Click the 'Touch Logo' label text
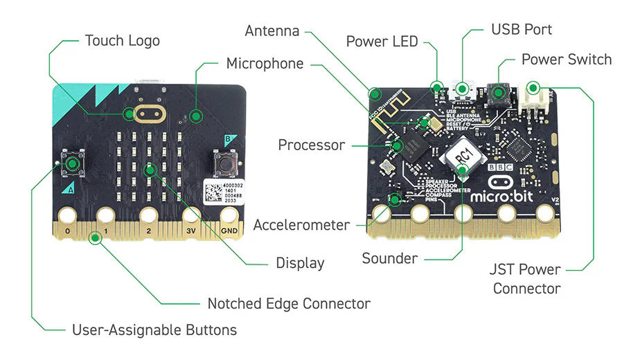122,40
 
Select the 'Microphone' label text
265,64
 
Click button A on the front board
73,163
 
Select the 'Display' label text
300,262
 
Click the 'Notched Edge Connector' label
289,303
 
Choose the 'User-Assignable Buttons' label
154,330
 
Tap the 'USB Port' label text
521,30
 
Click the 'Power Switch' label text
566,60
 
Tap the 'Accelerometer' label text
301,225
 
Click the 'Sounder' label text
389,259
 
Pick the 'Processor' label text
311,145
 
